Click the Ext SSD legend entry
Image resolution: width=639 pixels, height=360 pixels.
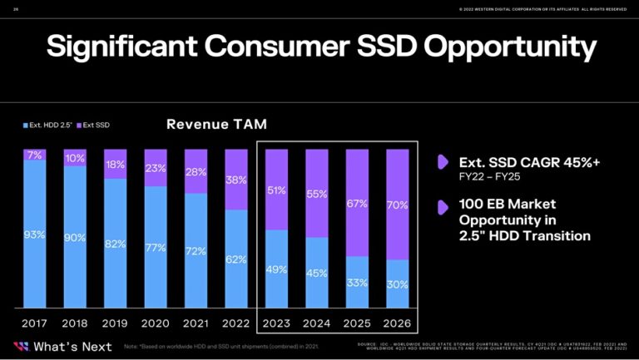tap(95, 126)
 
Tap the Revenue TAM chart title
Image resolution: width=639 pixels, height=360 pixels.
tap(216, 125)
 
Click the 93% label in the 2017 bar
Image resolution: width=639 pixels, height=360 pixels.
tap(34, 234)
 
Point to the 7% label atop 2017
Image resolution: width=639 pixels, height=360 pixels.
tap(34, 155)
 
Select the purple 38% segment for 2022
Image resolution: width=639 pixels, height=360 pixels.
tap(236, 179)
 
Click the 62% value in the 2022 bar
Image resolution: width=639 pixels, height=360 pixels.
tap(236, 259)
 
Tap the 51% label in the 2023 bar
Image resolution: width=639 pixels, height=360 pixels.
tap(277, 190)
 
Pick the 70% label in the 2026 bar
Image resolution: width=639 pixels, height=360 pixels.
tap(398, 205)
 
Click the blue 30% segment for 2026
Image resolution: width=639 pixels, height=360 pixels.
tap(398, 284)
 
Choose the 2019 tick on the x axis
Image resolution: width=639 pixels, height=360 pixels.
tap(115, 323)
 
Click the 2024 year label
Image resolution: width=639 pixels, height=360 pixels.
tap(317, 323)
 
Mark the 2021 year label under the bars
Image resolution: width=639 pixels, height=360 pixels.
tap(196, 323)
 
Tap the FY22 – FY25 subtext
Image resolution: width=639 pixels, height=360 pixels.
tap(488, 176)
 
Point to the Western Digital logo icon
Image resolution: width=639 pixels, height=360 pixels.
tap(20, 346)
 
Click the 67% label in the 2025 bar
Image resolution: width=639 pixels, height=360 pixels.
tap(358, 204)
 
